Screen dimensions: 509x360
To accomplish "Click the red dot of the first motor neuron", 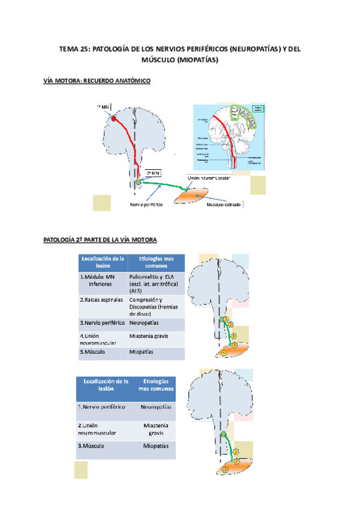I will (113, 118).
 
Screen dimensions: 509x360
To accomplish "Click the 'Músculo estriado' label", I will (224, 204).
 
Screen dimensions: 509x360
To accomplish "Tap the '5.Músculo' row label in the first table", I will (92, 351).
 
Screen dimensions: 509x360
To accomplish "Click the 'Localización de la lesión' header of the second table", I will (106, 384).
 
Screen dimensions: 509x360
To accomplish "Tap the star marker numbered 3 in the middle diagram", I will (233, 336).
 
